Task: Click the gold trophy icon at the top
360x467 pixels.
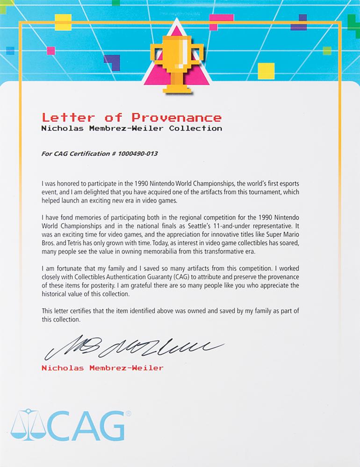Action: [176, 63]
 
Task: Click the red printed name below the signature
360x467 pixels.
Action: [102, 368]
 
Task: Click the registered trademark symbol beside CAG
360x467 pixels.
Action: [128, 413]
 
